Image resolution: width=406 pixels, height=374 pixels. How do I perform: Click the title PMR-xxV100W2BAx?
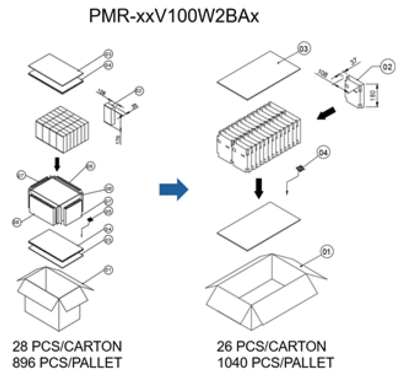pyautogui.click(x=173, y=16)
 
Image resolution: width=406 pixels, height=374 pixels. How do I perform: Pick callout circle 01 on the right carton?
pyautogui.click(x=328, y=252)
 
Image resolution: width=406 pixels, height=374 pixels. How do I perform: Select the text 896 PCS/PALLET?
pyautogui.click(x=67, y=362)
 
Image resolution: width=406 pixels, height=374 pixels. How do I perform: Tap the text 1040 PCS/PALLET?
pyautogui.click(x=275, y=362)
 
